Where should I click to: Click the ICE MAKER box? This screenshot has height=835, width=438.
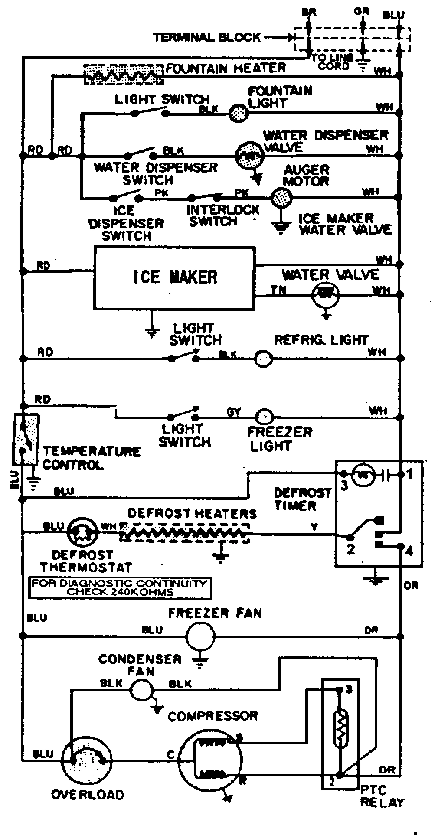[x=174, y=278]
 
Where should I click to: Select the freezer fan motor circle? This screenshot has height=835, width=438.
[x=200, y=636]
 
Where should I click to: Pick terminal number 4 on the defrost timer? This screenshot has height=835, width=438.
[x=409, y=551]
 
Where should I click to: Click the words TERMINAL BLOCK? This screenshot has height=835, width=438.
[x=206, y=37]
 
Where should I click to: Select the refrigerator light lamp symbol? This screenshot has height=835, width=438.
[x=263, y=359]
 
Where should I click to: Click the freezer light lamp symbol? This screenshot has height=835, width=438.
[x=264, y=417]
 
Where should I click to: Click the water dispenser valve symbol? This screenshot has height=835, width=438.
[x=249, y=156]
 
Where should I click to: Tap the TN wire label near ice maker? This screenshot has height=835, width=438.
[x=278, y=290]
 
